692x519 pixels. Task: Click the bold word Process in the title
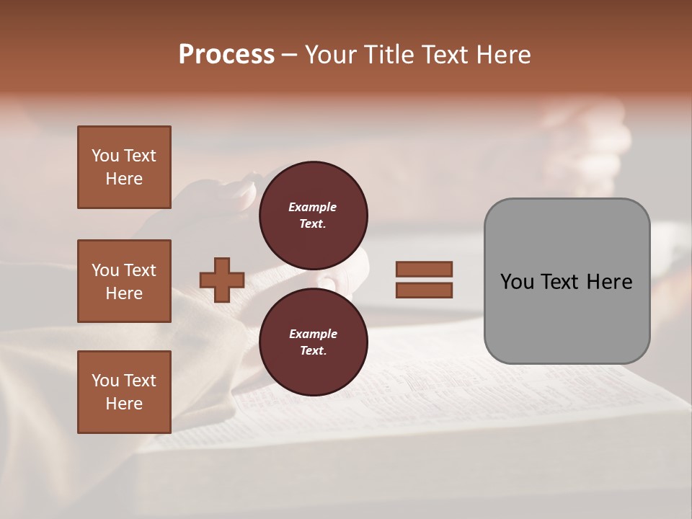click(x=226, y=55)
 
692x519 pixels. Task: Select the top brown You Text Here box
click(x=124, y=167)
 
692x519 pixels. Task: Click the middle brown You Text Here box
click(x=124, y=281)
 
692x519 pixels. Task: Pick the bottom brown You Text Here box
click(x=124, y=392)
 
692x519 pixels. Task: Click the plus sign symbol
click(x=222, y=280)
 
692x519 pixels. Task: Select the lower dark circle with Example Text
click(x=313, y=342)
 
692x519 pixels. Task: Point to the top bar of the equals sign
click(x=424, y=269)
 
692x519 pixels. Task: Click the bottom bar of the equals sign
click(x=424, y=290)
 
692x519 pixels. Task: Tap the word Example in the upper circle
click(x=313, y=207)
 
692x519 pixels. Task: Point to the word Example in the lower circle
click(x=313, y=334)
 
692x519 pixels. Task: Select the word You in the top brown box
click(x=105, y=156)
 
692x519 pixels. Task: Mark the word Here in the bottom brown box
click(x=124, y=404)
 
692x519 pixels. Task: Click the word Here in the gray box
click(x=610, y=281)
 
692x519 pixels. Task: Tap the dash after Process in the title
click(x=289, y=55)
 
